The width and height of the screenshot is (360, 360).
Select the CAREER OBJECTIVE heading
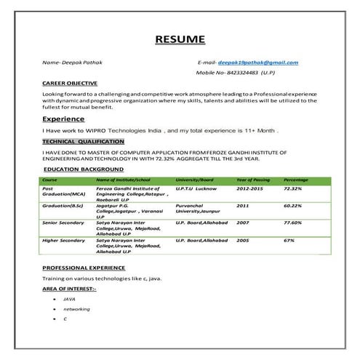click(70, 84)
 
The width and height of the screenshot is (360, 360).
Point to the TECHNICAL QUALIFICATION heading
click(83, 141)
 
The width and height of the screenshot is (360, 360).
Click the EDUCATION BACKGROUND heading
click(83, 169)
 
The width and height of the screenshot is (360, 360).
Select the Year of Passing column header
click(253, 180)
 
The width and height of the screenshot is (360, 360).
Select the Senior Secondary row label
click(63, 223)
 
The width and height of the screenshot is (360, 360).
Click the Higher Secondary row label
click(63, 240)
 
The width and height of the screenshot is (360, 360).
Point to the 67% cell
click(289, 240)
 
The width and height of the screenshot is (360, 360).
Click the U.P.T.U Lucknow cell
click(196, 188)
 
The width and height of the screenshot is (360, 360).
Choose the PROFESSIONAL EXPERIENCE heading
click(84, 268)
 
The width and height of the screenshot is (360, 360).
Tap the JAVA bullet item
click(70, 299)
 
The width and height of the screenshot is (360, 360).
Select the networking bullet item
click(76, 309)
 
